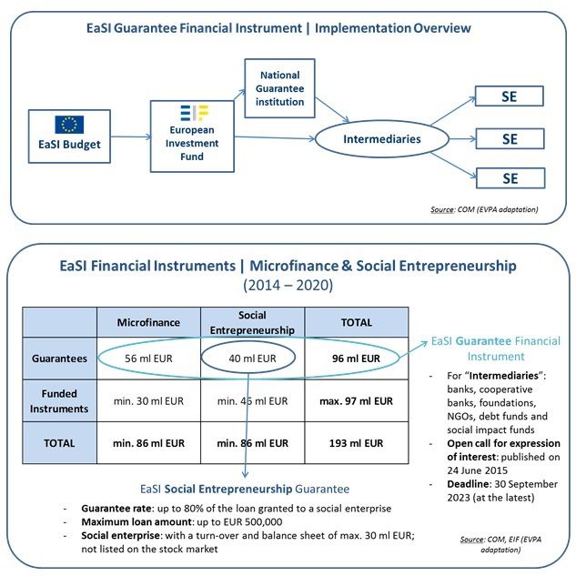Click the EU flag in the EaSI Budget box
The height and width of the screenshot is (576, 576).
(69, 124)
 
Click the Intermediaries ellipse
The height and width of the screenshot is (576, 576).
(381, 139)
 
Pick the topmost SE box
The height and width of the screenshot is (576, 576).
(510, 96)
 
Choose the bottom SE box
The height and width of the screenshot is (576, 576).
(510, 177)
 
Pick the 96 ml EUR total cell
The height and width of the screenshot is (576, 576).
(357, 359)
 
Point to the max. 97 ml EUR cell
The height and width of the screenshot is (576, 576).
(357, 400)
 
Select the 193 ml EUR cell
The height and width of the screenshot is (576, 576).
(357, 443)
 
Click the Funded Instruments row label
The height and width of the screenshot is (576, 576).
(60, 400)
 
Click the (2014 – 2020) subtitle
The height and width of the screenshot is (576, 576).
(287, 284)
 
